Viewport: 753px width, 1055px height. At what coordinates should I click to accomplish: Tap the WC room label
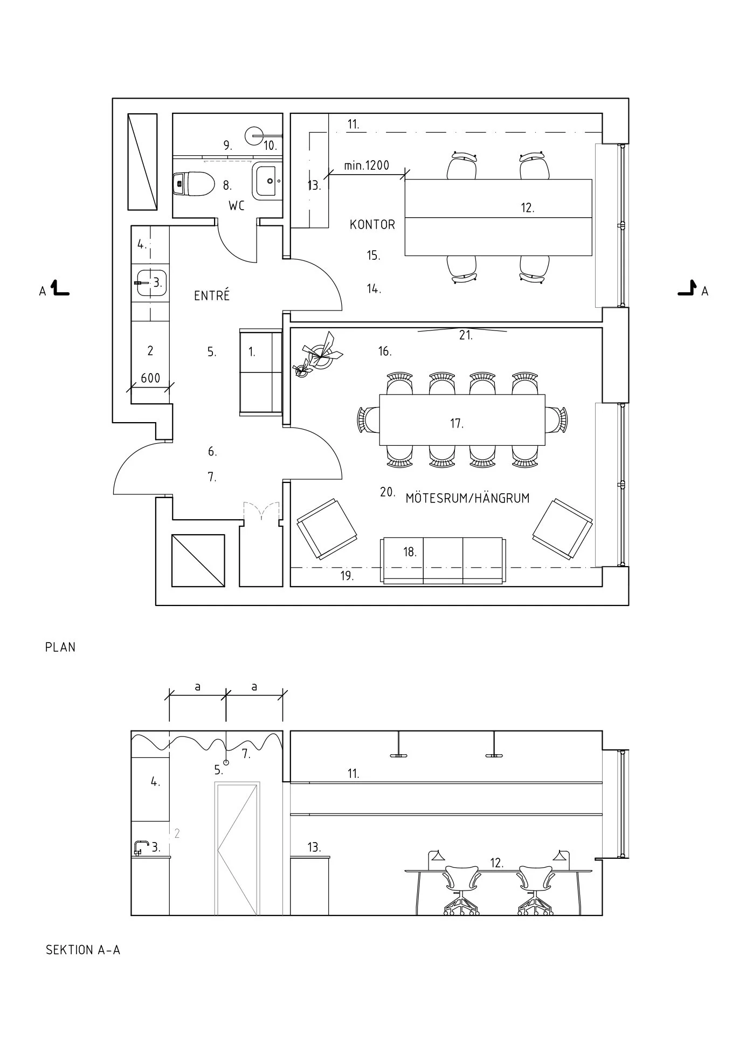click(x=237, y=206)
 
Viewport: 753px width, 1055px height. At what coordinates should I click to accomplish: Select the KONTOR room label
click(x=372, y=224)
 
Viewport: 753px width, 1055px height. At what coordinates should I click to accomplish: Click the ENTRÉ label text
click(x=212, y=295)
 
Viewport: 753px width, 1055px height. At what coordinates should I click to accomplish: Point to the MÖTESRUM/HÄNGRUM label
click(x=467, y=498)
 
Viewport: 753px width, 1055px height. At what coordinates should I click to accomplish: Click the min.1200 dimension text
click(x=367, y=166)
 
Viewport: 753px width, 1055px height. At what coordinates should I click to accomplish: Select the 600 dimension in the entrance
click(x=150, y=378)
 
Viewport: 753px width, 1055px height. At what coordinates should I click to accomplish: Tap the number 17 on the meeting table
click(x=457, y=424)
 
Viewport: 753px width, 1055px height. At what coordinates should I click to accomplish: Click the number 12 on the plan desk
click(x=527, y=208)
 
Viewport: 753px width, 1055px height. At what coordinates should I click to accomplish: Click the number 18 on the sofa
click(x=410, y=552)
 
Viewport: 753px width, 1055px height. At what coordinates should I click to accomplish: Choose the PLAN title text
click(x=60, y=647)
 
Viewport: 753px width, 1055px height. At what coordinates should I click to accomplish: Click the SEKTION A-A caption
click(x=83, y=950)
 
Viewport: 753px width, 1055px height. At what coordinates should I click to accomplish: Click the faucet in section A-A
click(x=141, y=847)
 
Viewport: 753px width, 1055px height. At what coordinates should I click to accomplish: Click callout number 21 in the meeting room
click(x=466, y=335)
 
